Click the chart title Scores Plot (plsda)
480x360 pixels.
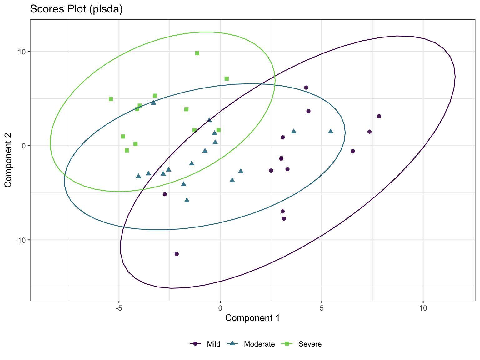(x=76, y=9)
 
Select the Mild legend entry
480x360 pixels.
(x=213, y=344)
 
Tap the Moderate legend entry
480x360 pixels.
(x=259, y=344)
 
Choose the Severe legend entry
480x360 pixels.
(x=310, y=344)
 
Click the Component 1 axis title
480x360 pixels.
(x=252, y=318)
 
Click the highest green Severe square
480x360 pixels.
(x=197, y=53)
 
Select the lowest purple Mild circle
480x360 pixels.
(x=177, y=254)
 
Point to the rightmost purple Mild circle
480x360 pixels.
(x=379, y=116)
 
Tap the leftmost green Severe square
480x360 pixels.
(x=111, y=99)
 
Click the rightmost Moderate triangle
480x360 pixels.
(x=331, y=131)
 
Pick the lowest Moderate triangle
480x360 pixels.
(x=187, y=200)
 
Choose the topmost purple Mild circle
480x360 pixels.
(x=306, y=87)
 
